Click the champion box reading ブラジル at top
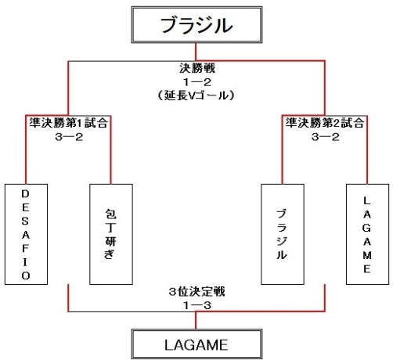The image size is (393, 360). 196,25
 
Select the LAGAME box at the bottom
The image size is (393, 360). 196,344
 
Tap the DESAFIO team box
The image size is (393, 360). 26,234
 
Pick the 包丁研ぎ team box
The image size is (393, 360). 111,234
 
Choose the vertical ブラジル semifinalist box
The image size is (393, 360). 283,234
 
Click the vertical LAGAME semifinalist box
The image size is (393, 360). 367,234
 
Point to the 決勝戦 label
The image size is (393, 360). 197,68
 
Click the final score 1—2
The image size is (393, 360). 197,82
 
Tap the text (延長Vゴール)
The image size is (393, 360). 196,95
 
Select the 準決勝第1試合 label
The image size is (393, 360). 68,123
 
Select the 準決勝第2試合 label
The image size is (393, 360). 325,123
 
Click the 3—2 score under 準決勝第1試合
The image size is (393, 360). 69,137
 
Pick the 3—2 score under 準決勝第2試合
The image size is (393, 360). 325,137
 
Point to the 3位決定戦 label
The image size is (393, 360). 196,292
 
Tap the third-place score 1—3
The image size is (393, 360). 197,305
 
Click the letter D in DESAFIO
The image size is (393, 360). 26,194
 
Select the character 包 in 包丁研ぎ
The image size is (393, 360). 110,214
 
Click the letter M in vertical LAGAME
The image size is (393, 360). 367,255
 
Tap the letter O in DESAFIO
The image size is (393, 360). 26,275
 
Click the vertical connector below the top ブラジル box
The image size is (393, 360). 196,52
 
